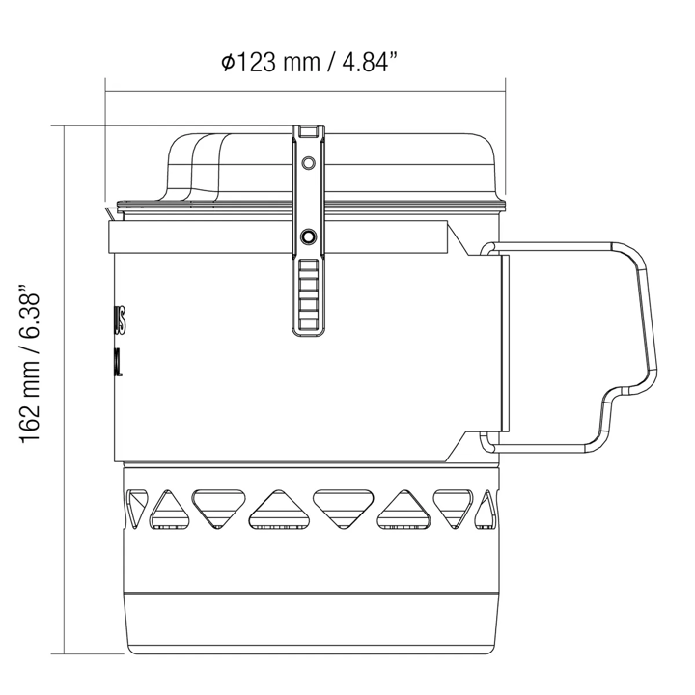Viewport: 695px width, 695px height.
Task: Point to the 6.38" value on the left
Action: (33, 314)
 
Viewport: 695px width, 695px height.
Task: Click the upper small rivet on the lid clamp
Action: (309, 161)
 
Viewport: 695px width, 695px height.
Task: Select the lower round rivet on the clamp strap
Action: (309, 236)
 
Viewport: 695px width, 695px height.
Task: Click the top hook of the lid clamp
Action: (309, 131)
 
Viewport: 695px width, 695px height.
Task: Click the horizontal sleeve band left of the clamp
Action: (193, 236)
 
